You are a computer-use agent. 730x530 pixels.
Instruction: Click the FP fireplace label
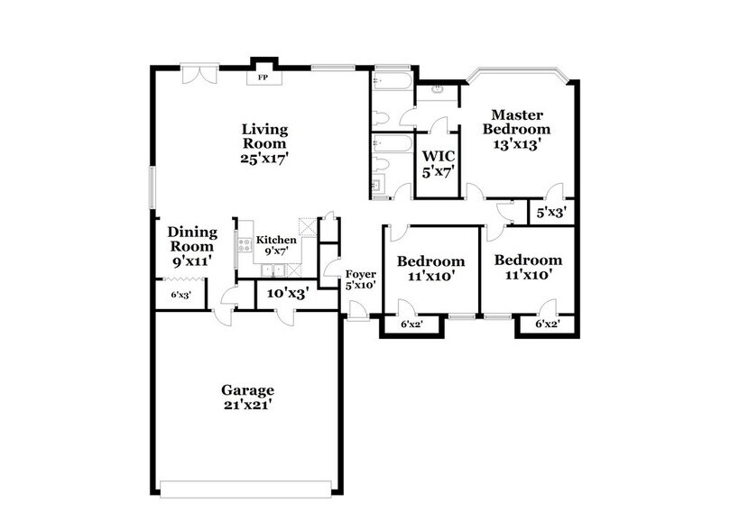pos(263,78)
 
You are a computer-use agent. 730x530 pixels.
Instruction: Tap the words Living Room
pos(263,136)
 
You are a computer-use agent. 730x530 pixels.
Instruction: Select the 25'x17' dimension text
pos(263,158)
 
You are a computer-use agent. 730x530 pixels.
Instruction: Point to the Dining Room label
pos(190,239)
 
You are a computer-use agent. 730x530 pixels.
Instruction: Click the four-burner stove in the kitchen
pos(244,242)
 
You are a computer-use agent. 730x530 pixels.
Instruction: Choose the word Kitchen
pos(276,240)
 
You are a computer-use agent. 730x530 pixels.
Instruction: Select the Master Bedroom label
pos(515,122)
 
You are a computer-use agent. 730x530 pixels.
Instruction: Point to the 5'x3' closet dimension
pos(550,214)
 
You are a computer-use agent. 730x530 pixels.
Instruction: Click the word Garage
pos(247,389)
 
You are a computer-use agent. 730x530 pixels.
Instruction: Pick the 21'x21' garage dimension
pos(247,406)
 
